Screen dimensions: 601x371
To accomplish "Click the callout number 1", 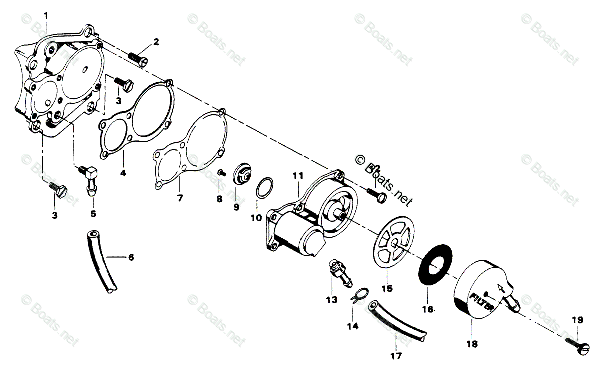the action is [46, 16].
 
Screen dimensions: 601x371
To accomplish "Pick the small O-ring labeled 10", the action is [264, 189].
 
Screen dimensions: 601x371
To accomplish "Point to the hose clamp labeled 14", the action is [358, 297].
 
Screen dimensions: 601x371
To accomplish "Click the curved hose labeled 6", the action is [100, 260].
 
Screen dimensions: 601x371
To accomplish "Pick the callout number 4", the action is [123, 174].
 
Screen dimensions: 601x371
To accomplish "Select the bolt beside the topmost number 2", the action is [138, 58].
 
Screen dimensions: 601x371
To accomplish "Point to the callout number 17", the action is [395, 357].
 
